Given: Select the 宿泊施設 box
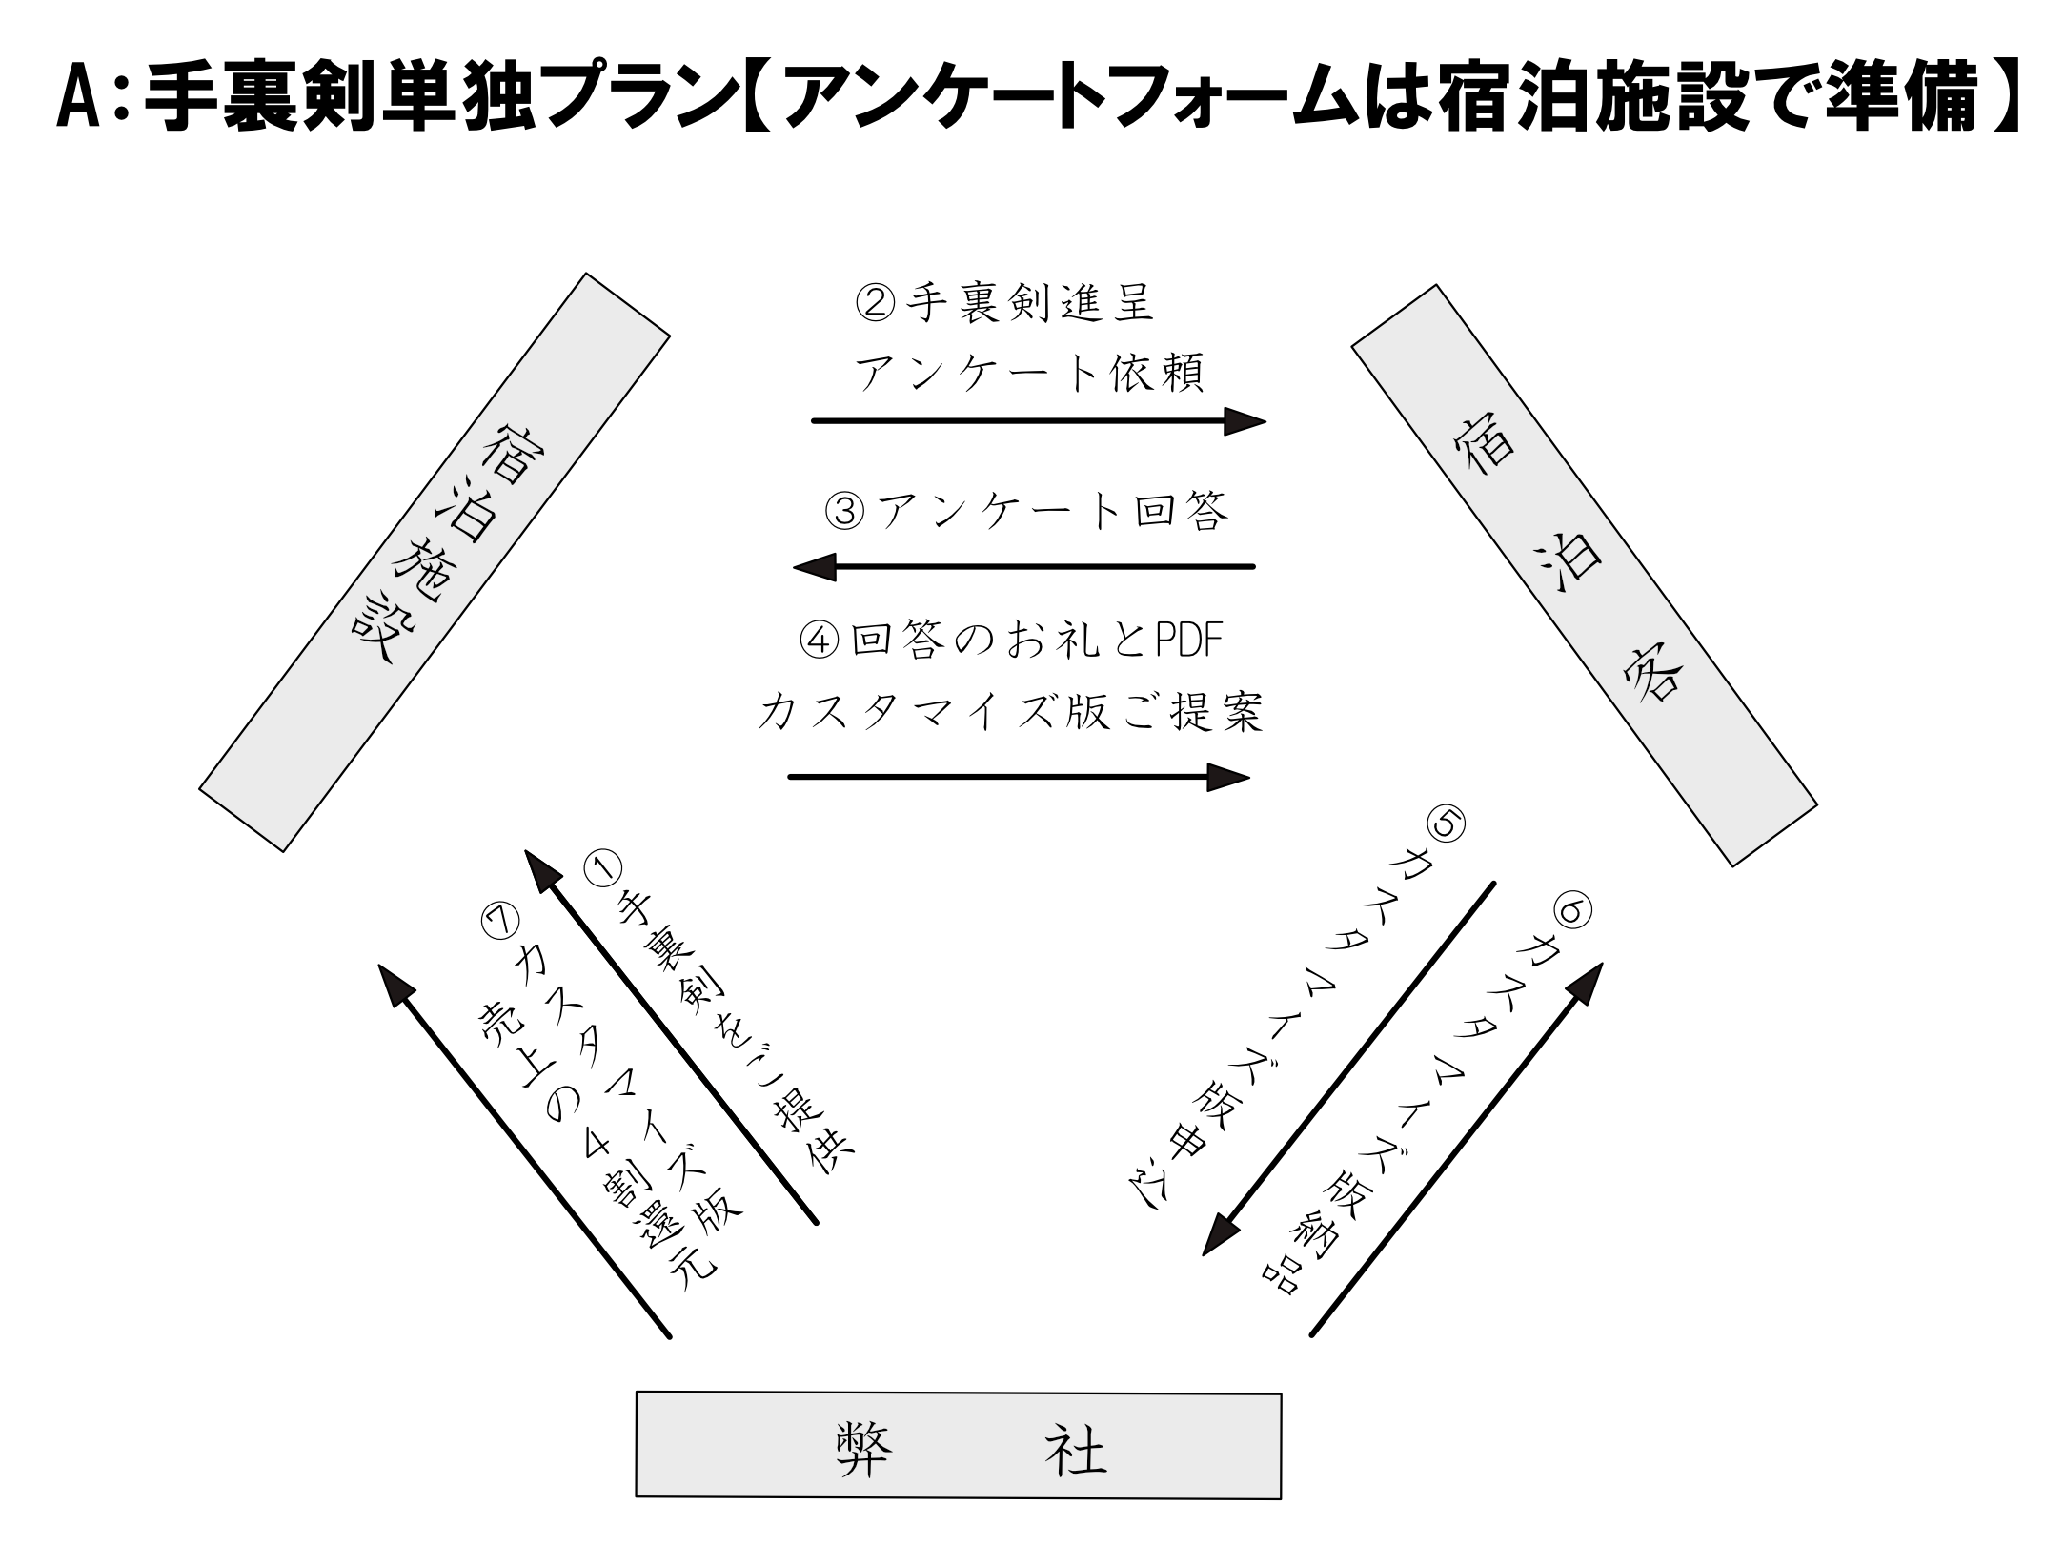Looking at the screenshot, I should tap(435, 562).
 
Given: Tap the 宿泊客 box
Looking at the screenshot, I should tap(1584, 575).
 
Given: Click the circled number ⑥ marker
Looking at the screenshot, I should tap(1571, 912).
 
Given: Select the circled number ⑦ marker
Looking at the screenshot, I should tap(502, 920).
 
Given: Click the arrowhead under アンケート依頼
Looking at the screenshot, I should tap(1244, 420).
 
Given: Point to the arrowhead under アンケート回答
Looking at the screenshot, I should tap(815, 567).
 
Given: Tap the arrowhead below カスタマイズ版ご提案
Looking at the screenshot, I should tap(1227, 777).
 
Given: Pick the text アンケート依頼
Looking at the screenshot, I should tap(1029, 373).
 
